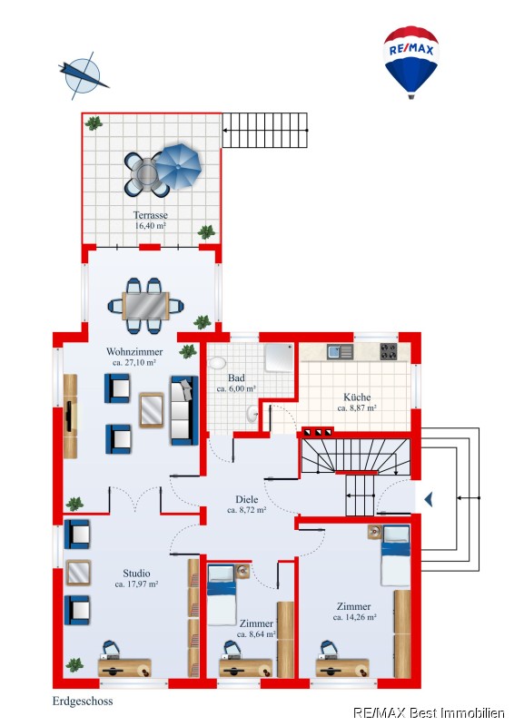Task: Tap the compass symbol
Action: click(83, 75)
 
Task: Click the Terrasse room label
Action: click(150, 215)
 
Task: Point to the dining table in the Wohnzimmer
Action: click(146, 306)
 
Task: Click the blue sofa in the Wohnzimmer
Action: click(184, 410)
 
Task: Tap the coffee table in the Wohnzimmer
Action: click(152, 410)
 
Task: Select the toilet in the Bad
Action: click(216, 362)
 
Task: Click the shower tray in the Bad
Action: click(279, 358)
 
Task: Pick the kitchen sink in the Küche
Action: click(340, 352)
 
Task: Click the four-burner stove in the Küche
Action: click(389, 351)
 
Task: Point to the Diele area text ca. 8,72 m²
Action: click(247, 510)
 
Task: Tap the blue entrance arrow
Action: click(429, 499)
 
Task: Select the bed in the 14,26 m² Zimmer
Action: click(396, 555)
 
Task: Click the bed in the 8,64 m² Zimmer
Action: click(221, 594)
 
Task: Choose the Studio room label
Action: click(136, 574)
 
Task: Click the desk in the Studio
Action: click(124, 668)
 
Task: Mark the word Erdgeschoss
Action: click(83, 701)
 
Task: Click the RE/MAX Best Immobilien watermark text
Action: click(430, 713)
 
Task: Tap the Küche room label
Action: click(357, 397)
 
